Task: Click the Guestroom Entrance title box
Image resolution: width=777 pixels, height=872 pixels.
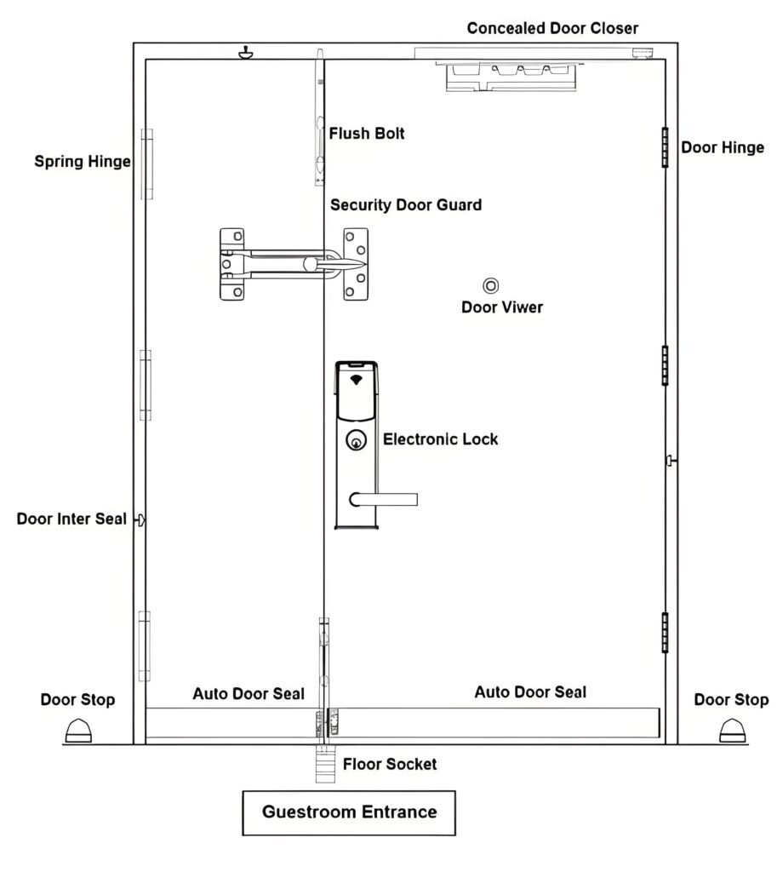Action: pos(349,812)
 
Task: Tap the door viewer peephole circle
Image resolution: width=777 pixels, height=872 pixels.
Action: pos(491,286)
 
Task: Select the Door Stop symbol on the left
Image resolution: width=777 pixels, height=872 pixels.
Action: pos(77,731)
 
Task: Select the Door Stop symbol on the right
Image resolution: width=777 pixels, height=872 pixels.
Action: pos(733,731)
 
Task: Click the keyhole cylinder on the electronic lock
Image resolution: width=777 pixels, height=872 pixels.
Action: pos(356,440)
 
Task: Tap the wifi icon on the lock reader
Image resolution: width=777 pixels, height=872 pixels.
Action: pos(356,378)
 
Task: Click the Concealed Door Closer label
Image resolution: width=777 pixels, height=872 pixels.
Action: pos(552,28)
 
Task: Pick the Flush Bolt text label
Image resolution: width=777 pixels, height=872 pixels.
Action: pos(367,133)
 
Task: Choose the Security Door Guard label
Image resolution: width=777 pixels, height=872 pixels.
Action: pos(406,205)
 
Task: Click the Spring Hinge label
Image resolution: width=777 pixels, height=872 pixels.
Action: pos(83,161)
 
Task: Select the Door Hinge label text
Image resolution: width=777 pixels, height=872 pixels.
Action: pos(723,147)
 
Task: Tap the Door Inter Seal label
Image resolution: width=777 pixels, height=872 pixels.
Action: pos(71,519)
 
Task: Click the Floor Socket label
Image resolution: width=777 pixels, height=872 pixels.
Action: pos(390,764)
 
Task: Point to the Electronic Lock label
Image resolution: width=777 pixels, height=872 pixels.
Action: pos(440,439)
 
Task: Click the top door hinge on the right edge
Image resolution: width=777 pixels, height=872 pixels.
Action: pos(664,147)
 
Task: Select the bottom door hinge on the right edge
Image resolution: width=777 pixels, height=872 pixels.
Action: pos(664,632)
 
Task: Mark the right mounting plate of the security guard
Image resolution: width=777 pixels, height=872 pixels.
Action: pos(356,263)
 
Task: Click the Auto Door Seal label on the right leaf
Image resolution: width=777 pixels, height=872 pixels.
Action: pos(530,692)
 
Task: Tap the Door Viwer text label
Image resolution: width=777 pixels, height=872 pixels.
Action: pos(501,307)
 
